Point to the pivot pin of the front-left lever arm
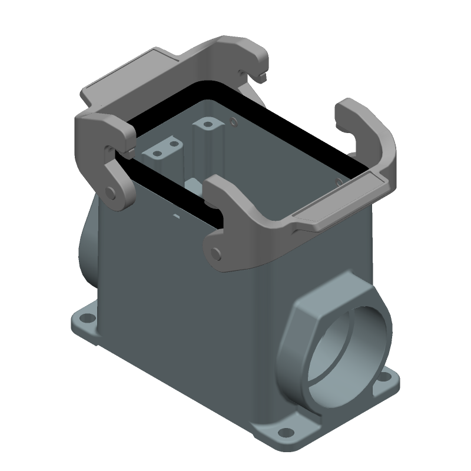pos(111,193)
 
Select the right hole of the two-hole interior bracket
pos(174,142)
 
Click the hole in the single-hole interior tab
pos(207,125)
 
